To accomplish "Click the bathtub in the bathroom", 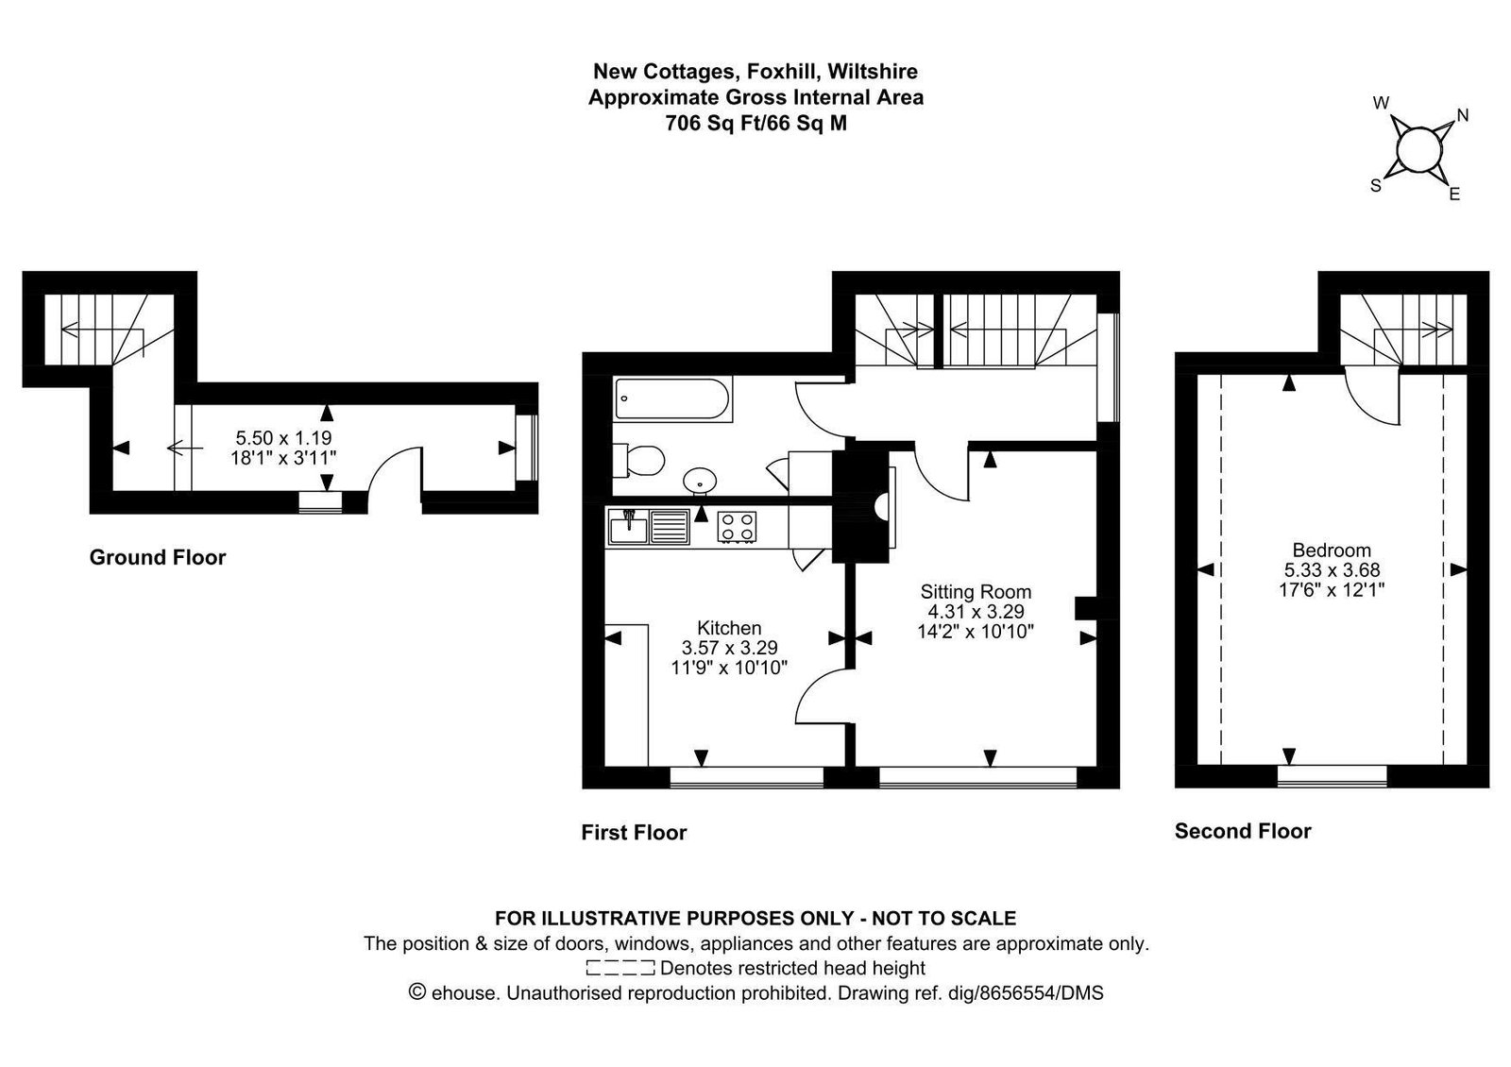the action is point(671,399).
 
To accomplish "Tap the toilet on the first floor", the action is point(638,461).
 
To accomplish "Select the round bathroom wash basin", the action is point(700,482).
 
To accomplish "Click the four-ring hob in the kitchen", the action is point(737,526).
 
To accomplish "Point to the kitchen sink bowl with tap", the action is point(628,527).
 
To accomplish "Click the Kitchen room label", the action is point(729,628).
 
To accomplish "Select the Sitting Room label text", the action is point(976,591).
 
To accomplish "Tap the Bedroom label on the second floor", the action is point(1332,550).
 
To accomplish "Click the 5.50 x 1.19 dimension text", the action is point(283,438).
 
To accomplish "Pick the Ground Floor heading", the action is point(157,557).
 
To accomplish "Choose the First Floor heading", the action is point(634,832).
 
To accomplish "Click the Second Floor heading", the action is point(1243,831).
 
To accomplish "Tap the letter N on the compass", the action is point(1463,115).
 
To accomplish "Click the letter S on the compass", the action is point(1376,185).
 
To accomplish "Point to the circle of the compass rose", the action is point(1418,149).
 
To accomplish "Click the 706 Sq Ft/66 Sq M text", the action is point(755,124).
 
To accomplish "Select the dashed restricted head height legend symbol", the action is point(620,968).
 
